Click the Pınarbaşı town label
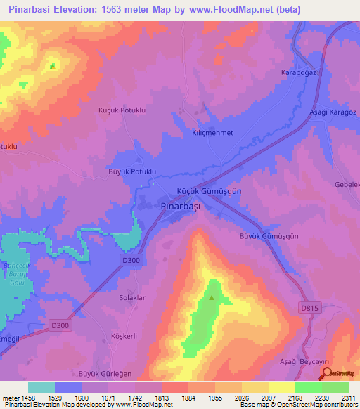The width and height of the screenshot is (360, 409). point(180,206)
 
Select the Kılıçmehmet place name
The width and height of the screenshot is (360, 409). point(212,132)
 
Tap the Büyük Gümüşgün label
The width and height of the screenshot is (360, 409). point(269,237)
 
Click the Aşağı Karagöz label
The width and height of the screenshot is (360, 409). point(334,112)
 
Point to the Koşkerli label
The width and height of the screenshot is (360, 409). point(127,336)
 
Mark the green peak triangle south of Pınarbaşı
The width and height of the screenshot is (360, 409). point(211,297)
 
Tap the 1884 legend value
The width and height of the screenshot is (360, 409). point(188,398)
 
